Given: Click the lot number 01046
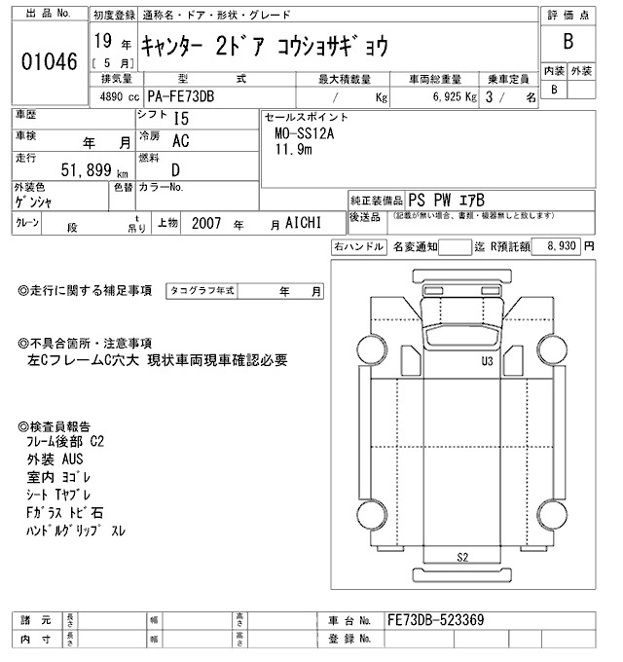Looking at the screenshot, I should pyautogui.click(x=48, y=60).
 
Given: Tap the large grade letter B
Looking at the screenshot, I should pyautogui.click(x=568, y=43).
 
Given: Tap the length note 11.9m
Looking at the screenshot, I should pyautogui.click(x=294, y=150).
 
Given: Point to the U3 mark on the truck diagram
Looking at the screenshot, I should pyautogui.click(x=486, y=361).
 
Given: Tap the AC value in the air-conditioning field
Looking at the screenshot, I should pyautogui.click(x=180, y=142).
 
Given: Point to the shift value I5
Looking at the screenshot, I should pyautogui.click(x=180, y=119).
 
